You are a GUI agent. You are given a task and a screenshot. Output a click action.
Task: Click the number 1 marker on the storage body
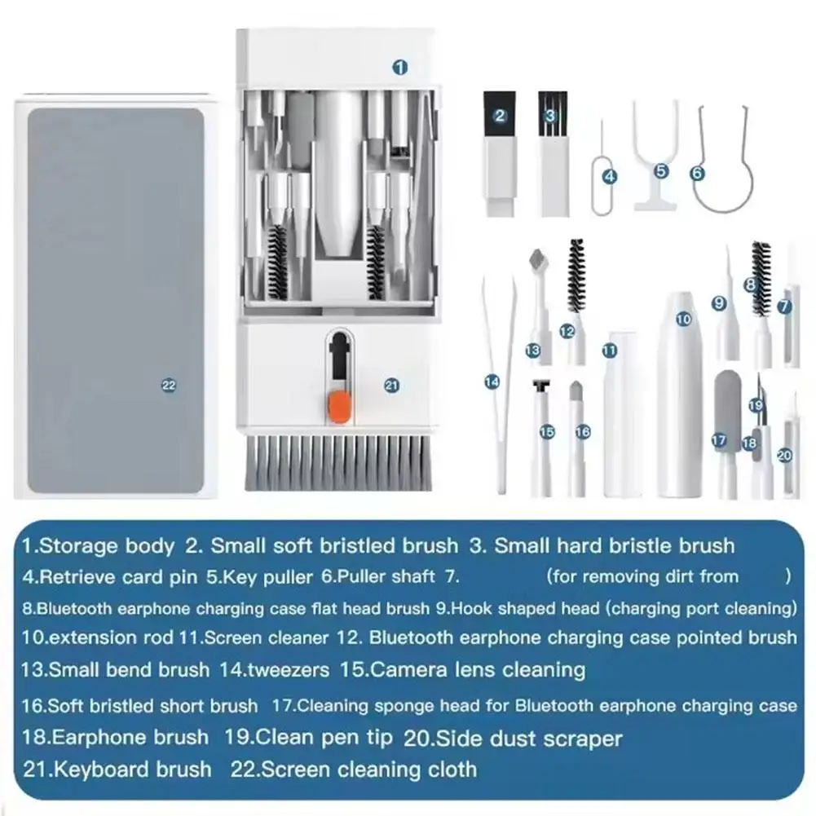point(399,68)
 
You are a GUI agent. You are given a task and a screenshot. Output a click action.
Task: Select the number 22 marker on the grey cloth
point(169,386)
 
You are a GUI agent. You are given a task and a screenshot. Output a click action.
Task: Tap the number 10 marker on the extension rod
point(683,320)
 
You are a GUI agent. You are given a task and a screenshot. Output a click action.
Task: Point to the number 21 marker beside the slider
point(391,386)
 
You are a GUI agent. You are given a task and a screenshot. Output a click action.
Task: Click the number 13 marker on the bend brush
point(532,350)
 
